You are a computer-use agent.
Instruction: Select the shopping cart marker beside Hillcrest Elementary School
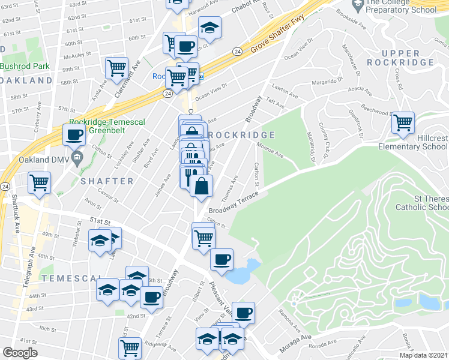click(x=403, y=123)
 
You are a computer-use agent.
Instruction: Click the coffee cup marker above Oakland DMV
click(x=74, y=134)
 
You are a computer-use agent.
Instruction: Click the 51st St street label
click(x=100, y=222)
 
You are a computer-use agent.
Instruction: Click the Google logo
click(x=20, y=353)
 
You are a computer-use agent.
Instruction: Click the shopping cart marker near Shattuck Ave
click(x=39, y=182)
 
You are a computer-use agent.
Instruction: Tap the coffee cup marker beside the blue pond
click(x=222, y=259)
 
